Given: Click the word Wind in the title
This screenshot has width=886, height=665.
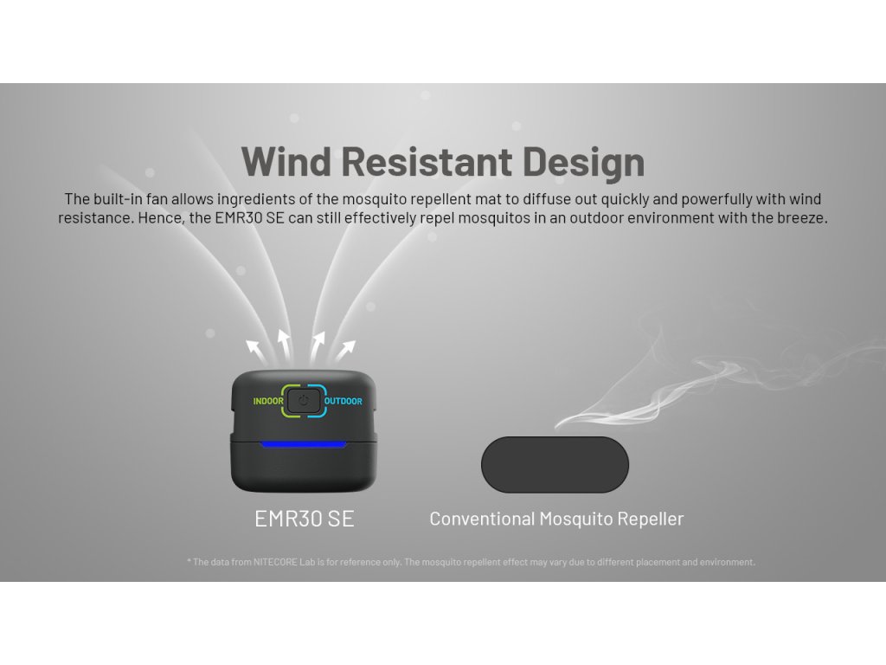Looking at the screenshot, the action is pyautogui.click(x=286, y=162).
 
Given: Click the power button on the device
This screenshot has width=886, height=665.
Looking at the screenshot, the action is pyautogui.click(x=304, y=401).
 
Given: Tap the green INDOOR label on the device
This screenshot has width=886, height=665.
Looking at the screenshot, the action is pyautogui.click(x=268, y=401).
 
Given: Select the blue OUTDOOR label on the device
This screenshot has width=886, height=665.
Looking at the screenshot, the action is pyautogui.click(x=343, y=401).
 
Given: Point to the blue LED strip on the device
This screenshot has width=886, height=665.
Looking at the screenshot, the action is pyautogui.click(x=304, y=444).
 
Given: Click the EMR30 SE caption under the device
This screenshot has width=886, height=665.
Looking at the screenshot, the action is pyautogui.click(x=304, y=519).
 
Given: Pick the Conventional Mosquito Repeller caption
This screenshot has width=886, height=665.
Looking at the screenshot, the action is pyautogui.click(x=556, y=519).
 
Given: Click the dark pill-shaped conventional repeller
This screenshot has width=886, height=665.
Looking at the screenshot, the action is pyautogui.click(x=555, y=464).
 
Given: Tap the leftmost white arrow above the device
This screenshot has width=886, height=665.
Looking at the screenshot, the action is pyautogui.click(x=255, y=352).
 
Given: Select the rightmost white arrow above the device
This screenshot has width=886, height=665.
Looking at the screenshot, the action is pyautogui.click(x=345, y=351).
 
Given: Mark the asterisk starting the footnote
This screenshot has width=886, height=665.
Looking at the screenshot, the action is pyautogui.click(x=189, y=561).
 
